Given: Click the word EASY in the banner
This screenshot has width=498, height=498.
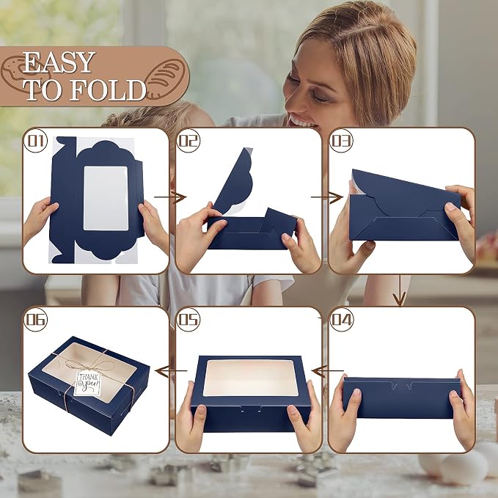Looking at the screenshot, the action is click(x=59, y=62).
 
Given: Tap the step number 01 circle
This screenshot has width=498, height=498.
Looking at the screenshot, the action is click(x=35, y=141).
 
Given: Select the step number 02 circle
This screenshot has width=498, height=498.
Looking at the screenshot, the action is click(x=188, y=141).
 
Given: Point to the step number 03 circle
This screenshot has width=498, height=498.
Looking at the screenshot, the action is click(x=342, y=141).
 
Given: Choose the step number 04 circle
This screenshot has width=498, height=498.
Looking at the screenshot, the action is click(x=342, y=320).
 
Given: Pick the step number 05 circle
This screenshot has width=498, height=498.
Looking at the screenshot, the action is click(x=188, y=320).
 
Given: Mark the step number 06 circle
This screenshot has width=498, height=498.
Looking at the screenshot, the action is click(x=35, y=320).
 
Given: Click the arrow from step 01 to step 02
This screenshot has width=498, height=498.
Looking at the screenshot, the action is click(x=170, y=197).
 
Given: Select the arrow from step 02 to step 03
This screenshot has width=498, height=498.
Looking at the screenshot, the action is click(x=327, y=197).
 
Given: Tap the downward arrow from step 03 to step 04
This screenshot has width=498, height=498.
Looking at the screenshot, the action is click(x=400, y=290).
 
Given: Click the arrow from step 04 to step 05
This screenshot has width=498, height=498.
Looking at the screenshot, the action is click(x=328, y=370).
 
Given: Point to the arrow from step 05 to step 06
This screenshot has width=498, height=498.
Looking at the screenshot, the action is click(x=171, y=370).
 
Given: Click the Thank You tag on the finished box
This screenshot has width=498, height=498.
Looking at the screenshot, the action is click(x=87, y=384).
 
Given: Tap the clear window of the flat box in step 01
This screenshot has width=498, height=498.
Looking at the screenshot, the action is click(x=106, y=198).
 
